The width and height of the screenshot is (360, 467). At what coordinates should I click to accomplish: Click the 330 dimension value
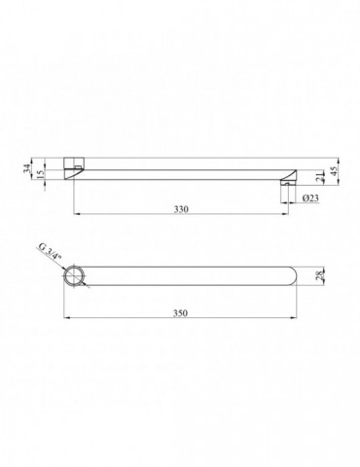[x=181, y=209]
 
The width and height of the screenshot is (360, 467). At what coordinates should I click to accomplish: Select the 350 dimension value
[x=180, y=313]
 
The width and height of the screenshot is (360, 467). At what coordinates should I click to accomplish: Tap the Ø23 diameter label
[x=310, y=198]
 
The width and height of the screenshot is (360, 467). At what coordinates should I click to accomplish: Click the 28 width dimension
[x=320, y=276]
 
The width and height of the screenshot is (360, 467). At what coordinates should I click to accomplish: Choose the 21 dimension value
[x=319, y=179]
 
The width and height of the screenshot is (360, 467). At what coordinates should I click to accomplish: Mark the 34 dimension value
[x=27, y=167]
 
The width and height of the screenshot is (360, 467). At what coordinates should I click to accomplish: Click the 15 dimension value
[x=40, y=174]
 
